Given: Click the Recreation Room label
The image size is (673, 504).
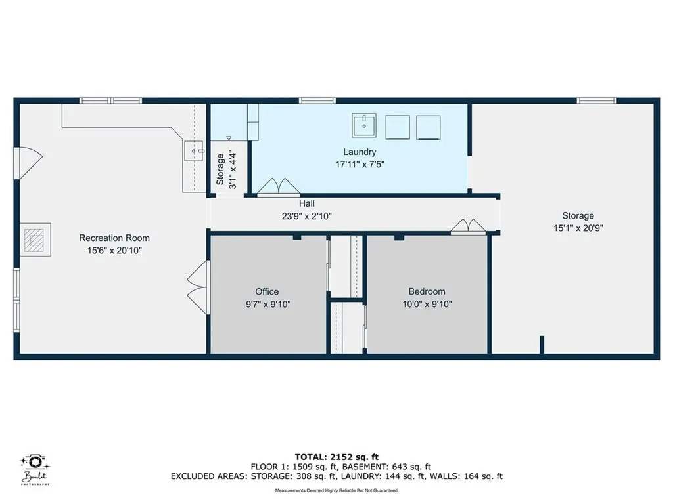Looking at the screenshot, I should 114,238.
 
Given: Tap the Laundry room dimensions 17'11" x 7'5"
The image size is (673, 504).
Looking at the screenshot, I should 359,165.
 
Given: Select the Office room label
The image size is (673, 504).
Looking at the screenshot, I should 267,291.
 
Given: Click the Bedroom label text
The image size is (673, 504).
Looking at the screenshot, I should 427,291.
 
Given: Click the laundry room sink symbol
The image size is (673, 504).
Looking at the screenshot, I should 363,125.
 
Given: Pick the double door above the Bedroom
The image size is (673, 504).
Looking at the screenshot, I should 469,226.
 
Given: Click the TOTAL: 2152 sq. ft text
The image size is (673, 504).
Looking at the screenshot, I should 336,457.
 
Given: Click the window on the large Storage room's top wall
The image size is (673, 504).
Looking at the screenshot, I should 597,100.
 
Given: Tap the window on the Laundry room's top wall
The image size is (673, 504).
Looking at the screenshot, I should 318,100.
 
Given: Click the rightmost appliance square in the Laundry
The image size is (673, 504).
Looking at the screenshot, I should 430,127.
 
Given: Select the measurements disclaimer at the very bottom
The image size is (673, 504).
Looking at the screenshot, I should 336,490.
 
